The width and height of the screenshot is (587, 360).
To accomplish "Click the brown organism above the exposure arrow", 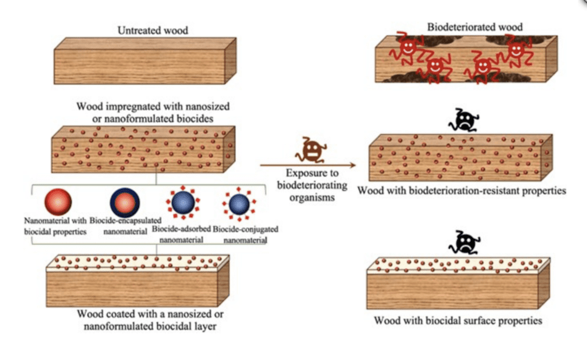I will pos(310,150).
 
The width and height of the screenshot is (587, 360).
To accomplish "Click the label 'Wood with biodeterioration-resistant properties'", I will pos(462,191).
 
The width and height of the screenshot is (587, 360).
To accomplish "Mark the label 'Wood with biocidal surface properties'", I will pos(458,321).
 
